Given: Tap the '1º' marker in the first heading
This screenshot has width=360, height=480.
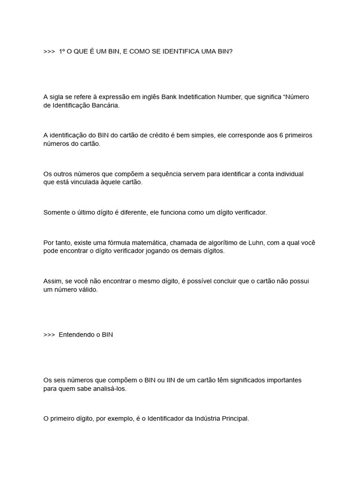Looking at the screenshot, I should pos(62,51).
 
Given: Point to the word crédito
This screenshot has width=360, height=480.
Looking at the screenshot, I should pos(157,135).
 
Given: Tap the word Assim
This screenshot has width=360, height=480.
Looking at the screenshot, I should pos(52,281).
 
